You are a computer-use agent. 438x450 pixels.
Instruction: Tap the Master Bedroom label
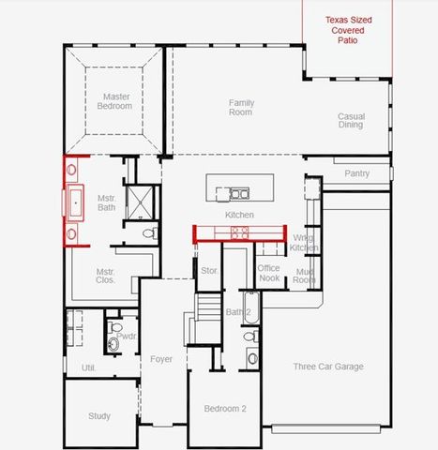116,100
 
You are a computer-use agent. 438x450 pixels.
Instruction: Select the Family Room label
241,107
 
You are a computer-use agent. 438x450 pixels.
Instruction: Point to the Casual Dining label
351,121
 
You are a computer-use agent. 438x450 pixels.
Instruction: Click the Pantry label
357,173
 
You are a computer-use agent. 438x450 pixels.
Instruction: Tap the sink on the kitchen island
239,194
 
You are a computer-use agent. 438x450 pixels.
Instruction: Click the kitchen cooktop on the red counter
240,232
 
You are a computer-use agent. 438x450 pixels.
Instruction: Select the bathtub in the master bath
74,202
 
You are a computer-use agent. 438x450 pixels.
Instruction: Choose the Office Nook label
269,273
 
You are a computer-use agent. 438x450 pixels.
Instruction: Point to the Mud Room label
304,276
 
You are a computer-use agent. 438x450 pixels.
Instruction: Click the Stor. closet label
208,272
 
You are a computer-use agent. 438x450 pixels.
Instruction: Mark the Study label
99,416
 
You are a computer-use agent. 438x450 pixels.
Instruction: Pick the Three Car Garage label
327,367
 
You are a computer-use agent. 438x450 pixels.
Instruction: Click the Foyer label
161,359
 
